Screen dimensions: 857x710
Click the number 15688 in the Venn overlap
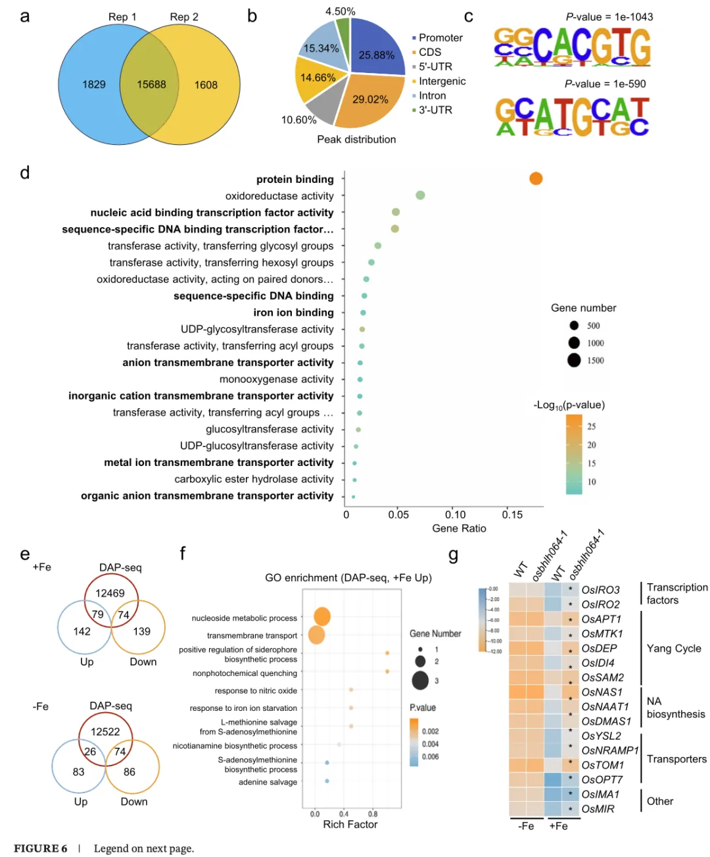pos(151,85)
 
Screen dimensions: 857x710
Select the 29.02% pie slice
pos(370,99)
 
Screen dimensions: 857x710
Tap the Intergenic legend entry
pos(442,81)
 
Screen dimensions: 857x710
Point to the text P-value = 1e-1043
pos(609,17)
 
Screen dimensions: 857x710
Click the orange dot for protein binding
pos(536,178)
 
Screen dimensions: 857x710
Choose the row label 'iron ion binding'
pos(293,313)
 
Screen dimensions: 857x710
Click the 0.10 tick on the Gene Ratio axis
pos(455,515)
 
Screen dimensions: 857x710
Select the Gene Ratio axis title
pos(459,529)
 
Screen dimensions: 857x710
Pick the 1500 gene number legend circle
pos(574,360)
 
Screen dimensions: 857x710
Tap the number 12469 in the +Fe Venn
pos(110,593)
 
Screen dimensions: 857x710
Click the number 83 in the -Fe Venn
pos(79,772)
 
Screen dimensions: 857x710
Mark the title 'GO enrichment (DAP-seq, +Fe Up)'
pos(348,578)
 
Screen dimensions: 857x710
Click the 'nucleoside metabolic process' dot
pos(322,617)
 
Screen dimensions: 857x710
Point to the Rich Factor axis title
pos(350,825)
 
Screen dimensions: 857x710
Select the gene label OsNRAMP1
pos(609,750)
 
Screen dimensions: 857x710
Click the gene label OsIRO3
pos(600,590)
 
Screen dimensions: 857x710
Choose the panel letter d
pos(25,173)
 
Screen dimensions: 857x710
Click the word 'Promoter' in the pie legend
pos(440,38)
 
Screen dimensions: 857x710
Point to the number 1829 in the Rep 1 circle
pos(94,85)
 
